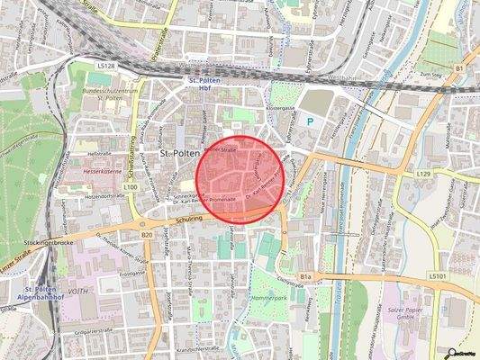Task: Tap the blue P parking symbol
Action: pos(312,119)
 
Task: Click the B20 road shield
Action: pos(147,235)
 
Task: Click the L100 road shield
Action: pos(130,186)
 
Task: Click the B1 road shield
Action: pos(458,67)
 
